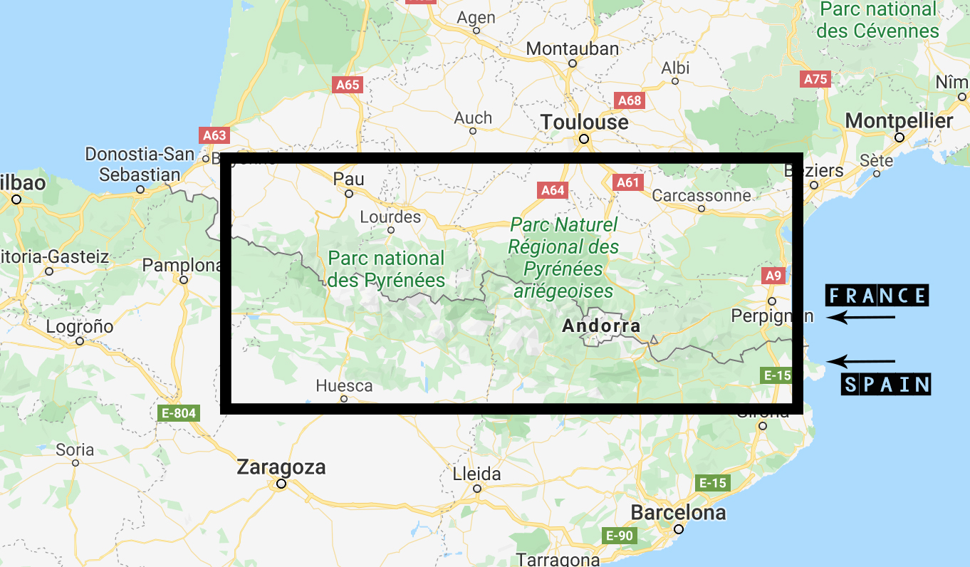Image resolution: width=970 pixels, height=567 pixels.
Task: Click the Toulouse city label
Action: coord(584,123)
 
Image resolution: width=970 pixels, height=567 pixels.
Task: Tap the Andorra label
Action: coord(600,326)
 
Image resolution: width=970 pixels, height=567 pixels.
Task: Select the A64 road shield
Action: coord(553,190)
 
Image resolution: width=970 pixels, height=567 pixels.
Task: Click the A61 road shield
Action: coord(627,182)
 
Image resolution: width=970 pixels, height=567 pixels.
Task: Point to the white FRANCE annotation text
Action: coord(877,296)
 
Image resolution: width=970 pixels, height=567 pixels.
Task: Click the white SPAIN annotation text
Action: coord(887,385)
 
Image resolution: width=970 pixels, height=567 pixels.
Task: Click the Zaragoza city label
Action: coord(281,467)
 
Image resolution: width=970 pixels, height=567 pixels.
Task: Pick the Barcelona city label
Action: coord(678,512)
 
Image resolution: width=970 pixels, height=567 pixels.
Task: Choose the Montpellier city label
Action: coord(899,121)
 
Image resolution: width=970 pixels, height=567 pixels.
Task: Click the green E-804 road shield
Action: coord(178,412)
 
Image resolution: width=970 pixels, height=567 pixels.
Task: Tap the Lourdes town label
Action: coord(390,217)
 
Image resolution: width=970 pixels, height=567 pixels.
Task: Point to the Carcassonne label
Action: coord(701,195)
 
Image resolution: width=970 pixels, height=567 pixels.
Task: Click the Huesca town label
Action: coord(344,385)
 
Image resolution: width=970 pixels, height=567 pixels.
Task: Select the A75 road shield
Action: coord(815,79)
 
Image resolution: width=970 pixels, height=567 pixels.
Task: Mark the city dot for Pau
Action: coord(349,194)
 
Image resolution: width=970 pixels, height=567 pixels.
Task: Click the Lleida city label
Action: coord(476,474)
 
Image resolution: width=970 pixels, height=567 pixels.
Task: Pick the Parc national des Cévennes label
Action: coord(877,20)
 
